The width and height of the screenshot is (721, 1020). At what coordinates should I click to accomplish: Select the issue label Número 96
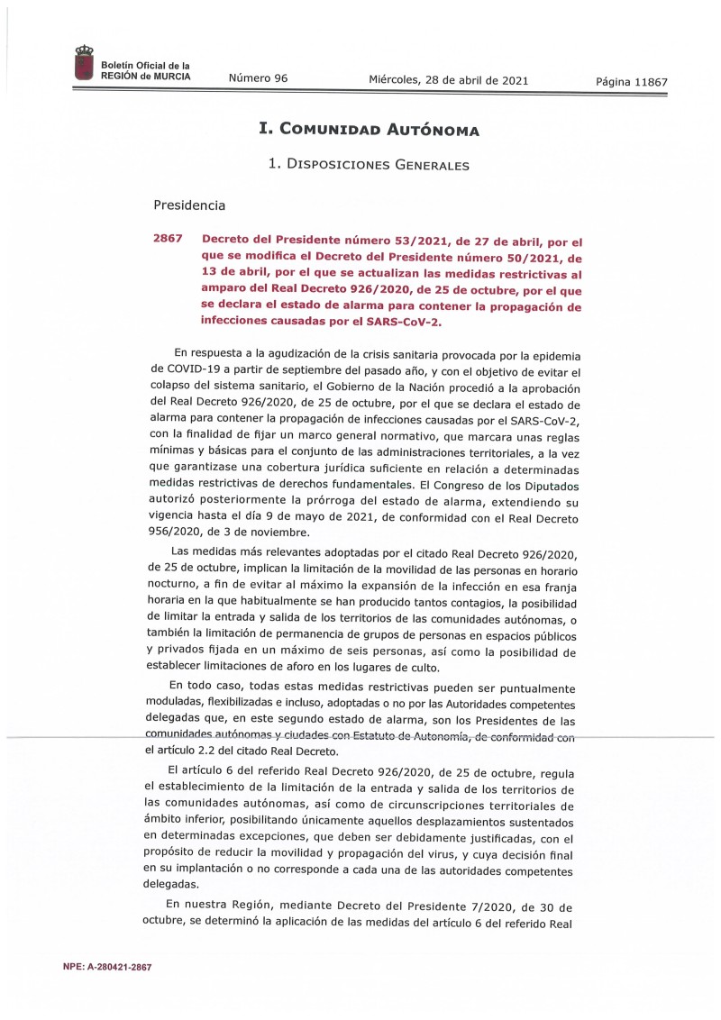coord(258,78)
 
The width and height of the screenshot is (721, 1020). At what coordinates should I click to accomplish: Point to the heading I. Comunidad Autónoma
coord(369,130)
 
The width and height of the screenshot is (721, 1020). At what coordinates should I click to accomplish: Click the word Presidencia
coord(189,205)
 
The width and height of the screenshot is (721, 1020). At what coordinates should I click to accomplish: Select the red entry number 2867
coord(168,239)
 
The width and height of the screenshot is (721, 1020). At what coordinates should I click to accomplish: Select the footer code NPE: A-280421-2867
coord(106,967)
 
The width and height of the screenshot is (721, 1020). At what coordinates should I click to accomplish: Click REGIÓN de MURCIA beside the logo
coord(145,77)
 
